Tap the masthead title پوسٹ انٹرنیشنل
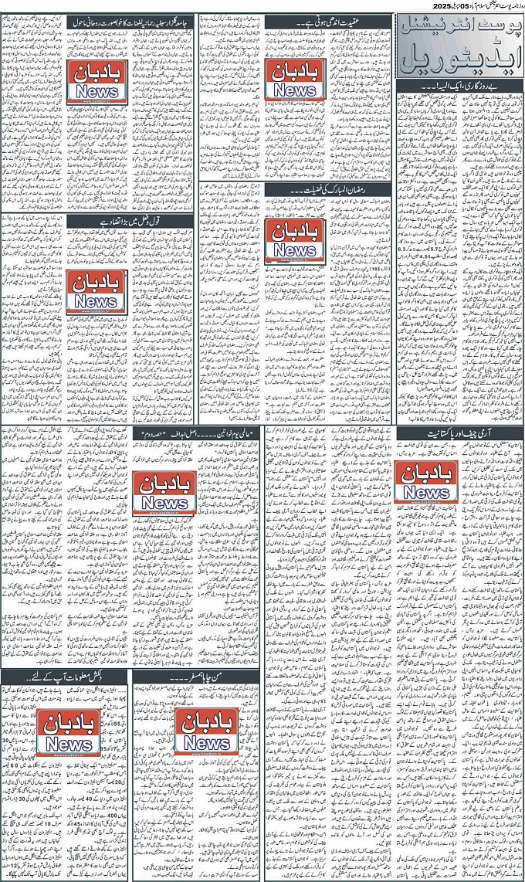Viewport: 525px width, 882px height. click(x=459, y=28)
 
